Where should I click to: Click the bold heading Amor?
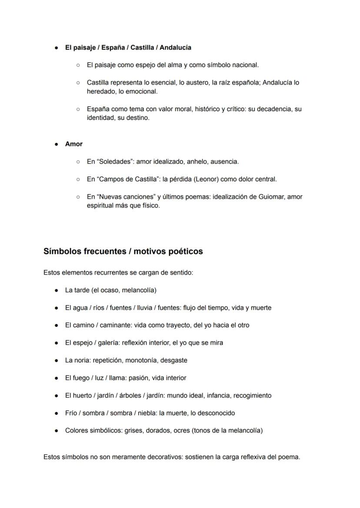(73, 144)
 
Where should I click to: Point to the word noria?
(82, 360)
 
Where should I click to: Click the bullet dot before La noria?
(57, 360)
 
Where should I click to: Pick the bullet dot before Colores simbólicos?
(57, 431)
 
